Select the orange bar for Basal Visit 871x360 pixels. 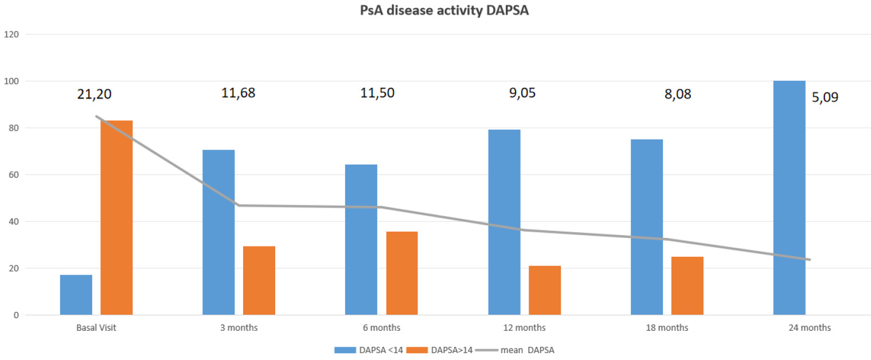tap(116, 218)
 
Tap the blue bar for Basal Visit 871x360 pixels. tap(76, 295)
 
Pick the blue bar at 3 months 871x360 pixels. tap(218, 232)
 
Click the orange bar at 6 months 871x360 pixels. tap(401, 273)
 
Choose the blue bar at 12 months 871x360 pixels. tap(504, 222)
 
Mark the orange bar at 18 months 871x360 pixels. tap(687, 285)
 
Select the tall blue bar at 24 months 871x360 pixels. tap(789, 198)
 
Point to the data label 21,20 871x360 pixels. tap(95, 94)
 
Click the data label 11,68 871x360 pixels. tap(238, 93)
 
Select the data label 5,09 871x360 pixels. tap(825, 97)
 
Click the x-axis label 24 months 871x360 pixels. tap(809, 328)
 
